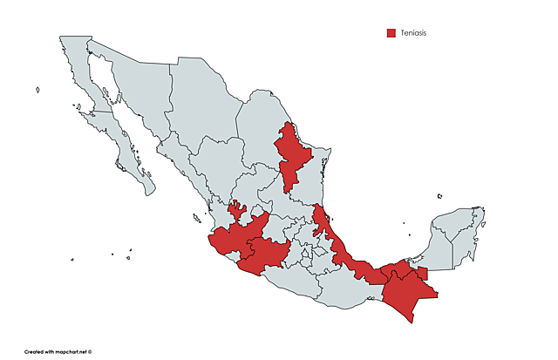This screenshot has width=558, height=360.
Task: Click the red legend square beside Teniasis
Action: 391,33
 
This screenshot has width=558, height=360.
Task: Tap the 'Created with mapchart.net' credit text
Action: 58,352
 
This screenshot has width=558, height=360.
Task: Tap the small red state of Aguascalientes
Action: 235,209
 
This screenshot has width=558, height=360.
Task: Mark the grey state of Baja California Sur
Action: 131,161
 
